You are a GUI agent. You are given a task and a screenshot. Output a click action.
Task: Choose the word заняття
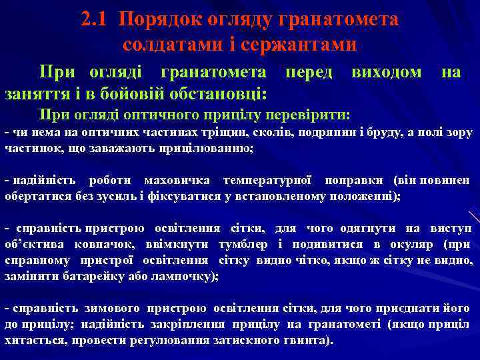tap(33, 91)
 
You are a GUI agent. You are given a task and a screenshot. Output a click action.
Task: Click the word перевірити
tap(311, 113)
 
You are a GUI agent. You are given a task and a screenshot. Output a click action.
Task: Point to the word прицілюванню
tap(207, 147)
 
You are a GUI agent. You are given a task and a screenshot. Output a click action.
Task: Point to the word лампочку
tap(187, 276)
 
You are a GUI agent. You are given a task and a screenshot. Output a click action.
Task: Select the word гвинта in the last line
tap(307, 340)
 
